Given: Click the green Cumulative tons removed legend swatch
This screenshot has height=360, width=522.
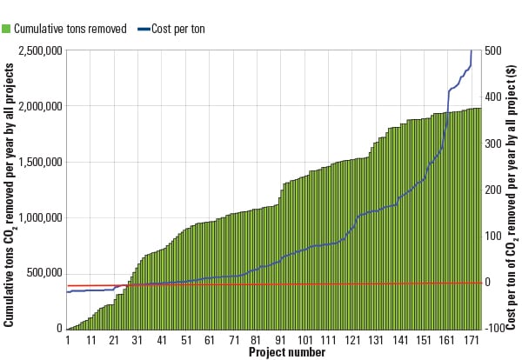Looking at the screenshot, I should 6,28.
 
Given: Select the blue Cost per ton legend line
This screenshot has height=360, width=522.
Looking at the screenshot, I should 144,28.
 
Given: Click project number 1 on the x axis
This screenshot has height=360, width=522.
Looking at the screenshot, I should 67,339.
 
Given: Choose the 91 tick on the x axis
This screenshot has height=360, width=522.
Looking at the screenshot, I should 280,339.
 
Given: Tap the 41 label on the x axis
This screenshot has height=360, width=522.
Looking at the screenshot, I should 162,339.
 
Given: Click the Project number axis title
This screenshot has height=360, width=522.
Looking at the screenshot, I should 286,352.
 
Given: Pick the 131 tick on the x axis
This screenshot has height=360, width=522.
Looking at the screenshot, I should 376,339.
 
